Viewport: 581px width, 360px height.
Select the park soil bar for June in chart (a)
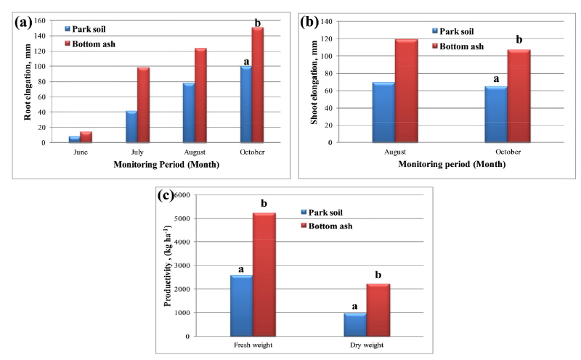(74, 139)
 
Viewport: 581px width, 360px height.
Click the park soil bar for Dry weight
(354, 324)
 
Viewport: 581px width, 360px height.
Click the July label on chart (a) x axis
(137, 153)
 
